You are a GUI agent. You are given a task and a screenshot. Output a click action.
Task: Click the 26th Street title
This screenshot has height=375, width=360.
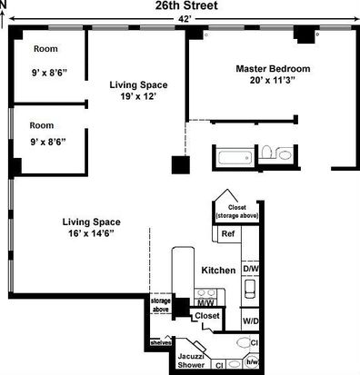point(186,5)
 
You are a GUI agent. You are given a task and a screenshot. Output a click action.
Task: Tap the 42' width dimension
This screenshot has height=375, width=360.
point(185,19)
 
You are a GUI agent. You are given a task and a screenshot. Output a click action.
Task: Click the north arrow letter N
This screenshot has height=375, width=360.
point(3,5)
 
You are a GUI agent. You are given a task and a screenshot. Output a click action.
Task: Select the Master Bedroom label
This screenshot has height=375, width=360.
point(273,69)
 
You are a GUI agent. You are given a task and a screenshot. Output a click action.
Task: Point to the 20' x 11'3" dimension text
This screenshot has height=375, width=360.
point(273,81)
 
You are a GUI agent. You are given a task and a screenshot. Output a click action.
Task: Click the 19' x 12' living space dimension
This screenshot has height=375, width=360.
point(138,97)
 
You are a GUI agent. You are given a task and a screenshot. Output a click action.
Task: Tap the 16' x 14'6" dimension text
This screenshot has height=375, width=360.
point(91,233)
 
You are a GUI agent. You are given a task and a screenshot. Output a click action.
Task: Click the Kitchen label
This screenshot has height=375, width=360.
point(218,271)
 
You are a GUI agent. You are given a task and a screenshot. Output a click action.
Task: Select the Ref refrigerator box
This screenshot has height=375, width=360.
point(229,233)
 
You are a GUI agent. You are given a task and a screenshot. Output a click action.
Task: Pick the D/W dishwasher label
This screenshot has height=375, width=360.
point(251,269)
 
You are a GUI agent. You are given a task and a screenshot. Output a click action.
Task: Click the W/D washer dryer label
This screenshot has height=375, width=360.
point(251,321)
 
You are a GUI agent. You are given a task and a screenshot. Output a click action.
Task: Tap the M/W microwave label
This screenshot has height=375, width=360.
point(205,302)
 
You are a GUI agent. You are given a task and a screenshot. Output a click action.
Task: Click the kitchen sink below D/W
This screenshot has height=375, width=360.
point(250,289)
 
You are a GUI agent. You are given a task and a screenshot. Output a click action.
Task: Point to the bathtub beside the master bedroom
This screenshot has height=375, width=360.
point(235,158)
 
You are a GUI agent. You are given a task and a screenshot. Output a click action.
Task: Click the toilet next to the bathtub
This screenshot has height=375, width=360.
point(266,152)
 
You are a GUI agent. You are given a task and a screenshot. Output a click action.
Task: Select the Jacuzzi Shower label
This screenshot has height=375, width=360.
point(191,360)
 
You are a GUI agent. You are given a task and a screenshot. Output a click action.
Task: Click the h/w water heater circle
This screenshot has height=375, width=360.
point(252,361)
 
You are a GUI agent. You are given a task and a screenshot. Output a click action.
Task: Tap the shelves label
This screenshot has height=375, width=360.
point(161,343)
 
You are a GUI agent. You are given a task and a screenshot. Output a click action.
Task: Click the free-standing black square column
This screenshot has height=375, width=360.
point(181,165)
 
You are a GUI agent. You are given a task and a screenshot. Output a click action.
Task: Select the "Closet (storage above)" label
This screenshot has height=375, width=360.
point(237,212)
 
